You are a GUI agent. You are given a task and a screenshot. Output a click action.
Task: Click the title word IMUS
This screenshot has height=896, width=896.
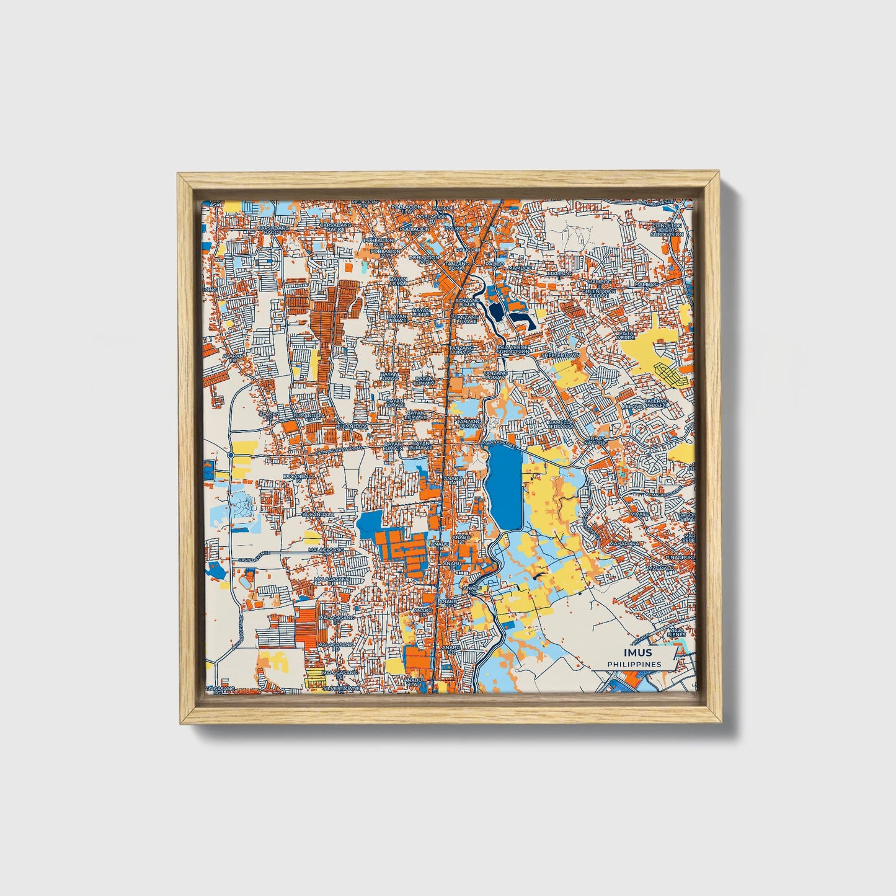(638, 653)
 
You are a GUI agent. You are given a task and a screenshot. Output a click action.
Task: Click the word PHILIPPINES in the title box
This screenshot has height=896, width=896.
(634, 664)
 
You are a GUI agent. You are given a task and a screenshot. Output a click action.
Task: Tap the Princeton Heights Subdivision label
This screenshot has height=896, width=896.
(667, 229)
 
